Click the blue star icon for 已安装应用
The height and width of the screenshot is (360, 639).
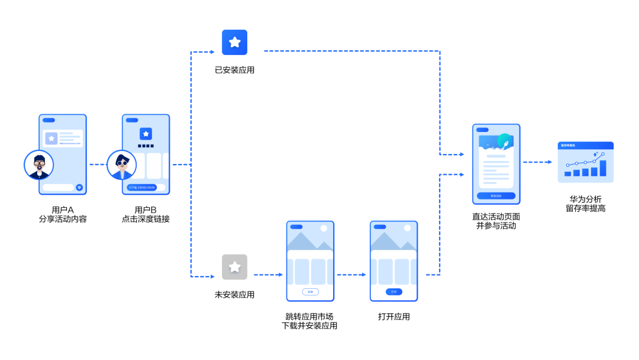point(234,43)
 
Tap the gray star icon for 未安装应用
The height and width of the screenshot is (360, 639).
point(234,267)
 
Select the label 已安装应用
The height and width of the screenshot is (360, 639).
point(234,70)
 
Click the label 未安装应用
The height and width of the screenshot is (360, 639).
point(234,294)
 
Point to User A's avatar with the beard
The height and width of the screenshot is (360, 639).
point(39,165)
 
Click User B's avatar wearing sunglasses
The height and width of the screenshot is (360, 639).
point(122,165)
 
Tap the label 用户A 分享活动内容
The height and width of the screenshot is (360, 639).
point(63,214)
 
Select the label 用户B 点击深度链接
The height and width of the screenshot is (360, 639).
point(146,214)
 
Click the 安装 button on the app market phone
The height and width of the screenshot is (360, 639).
point(310,292)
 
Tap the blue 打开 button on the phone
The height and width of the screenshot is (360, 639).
point(393,292)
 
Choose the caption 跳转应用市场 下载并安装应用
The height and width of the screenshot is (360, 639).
point(310,321)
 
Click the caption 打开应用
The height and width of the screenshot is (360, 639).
point(393,317)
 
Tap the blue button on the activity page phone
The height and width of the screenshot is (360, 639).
point(496,196)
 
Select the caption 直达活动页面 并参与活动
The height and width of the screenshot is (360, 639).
point(496,221)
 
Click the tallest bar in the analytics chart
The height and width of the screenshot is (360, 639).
point(603,168)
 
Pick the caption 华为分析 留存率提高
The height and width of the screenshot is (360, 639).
point(585,204)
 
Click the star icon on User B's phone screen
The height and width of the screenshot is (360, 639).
point(146,134)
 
